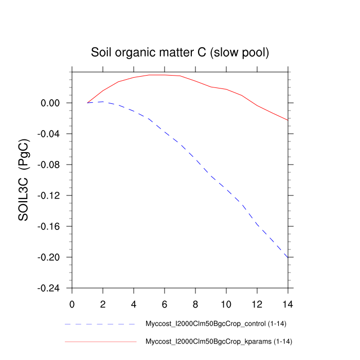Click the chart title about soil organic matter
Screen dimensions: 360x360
[179, 52]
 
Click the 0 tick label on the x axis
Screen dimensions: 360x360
[72, 304]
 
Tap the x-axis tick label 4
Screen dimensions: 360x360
[134, 304]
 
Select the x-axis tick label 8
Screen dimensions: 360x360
[195, 304]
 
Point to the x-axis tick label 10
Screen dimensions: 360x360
[226, 304]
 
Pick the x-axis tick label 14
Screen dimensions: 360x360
[288, 304]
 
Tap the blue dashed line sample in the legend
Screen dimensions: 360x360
[100, 325]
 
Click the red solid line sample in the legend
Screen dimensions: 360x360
[100, 341]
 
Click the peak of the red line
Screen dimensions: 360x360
[157, 75]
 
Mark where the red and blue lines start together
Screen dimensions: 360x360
[87, 103]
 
